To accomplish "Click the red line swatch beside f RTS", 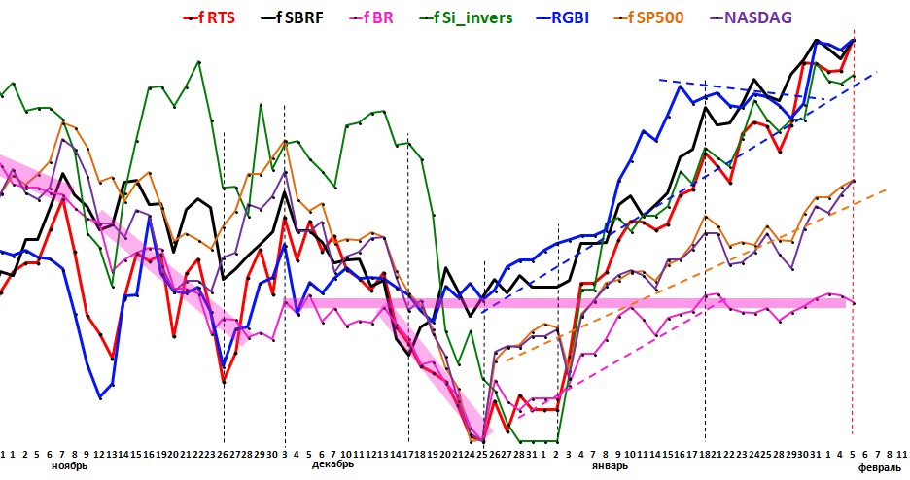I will pos(192,17).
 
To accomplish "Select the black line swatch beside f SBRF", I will pos(268,17).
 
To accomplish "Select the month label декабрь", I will pos(332,465).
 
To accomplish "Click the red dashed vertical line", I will pos(853,291).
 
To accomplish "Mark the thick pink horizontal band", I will pos(583,303).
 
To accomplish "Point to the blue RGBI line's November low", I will pos(100,396).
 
